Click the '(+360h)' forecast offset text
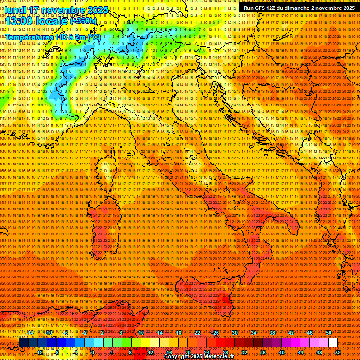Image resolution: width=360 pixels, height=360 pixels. coord(83,21)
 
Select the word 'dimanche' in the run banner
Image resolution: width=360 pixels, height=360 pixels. coord(296,8)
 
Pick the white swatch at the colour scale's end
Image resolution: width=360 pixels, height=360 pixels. coord(333,343)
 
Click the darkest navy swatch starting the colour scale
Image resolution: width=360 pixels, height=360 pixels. coord(23,343)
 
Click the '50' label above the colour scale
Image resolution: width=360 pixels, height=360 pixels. coord(328,333)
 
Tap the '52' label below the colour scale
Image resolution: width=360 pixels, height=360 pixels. coord(337,352)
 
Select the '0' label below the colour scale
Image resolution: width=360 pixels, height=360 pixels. coord(93,352)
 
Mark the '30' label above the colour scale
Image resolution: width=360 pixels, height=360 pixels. coord(234,333)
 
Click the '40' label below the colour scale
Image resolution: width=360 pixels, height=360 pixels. coord(281,352)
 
